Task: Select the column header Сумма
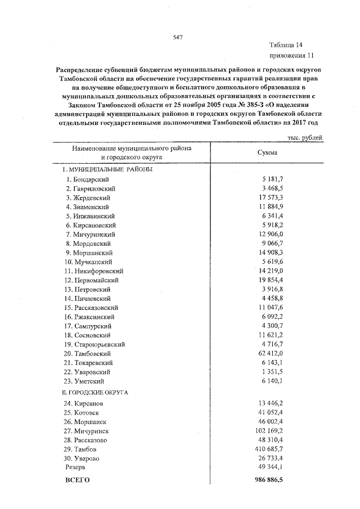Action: [267, 152]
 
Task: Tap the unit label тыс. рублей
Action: [305, 137]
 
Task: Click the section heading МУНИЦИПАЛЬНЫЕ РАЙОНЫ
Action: [108, 169]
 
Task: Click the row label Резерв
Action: [75, 467]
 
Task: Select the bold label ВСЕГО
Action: [77, 481]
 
